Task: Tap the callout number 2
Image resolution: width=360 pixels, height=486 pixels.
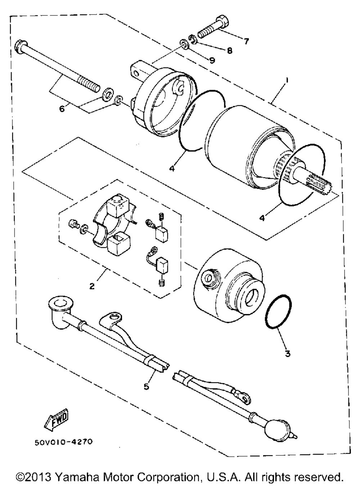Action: click(92, 286)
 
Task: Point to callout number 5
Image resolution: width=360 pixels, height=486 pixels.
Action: click(146, 386)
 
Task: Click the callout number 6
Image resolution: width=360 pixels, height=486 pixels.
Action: click(62, 108)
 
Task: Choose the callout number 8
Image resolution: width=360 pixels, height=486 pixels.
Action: click(229, 51)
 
